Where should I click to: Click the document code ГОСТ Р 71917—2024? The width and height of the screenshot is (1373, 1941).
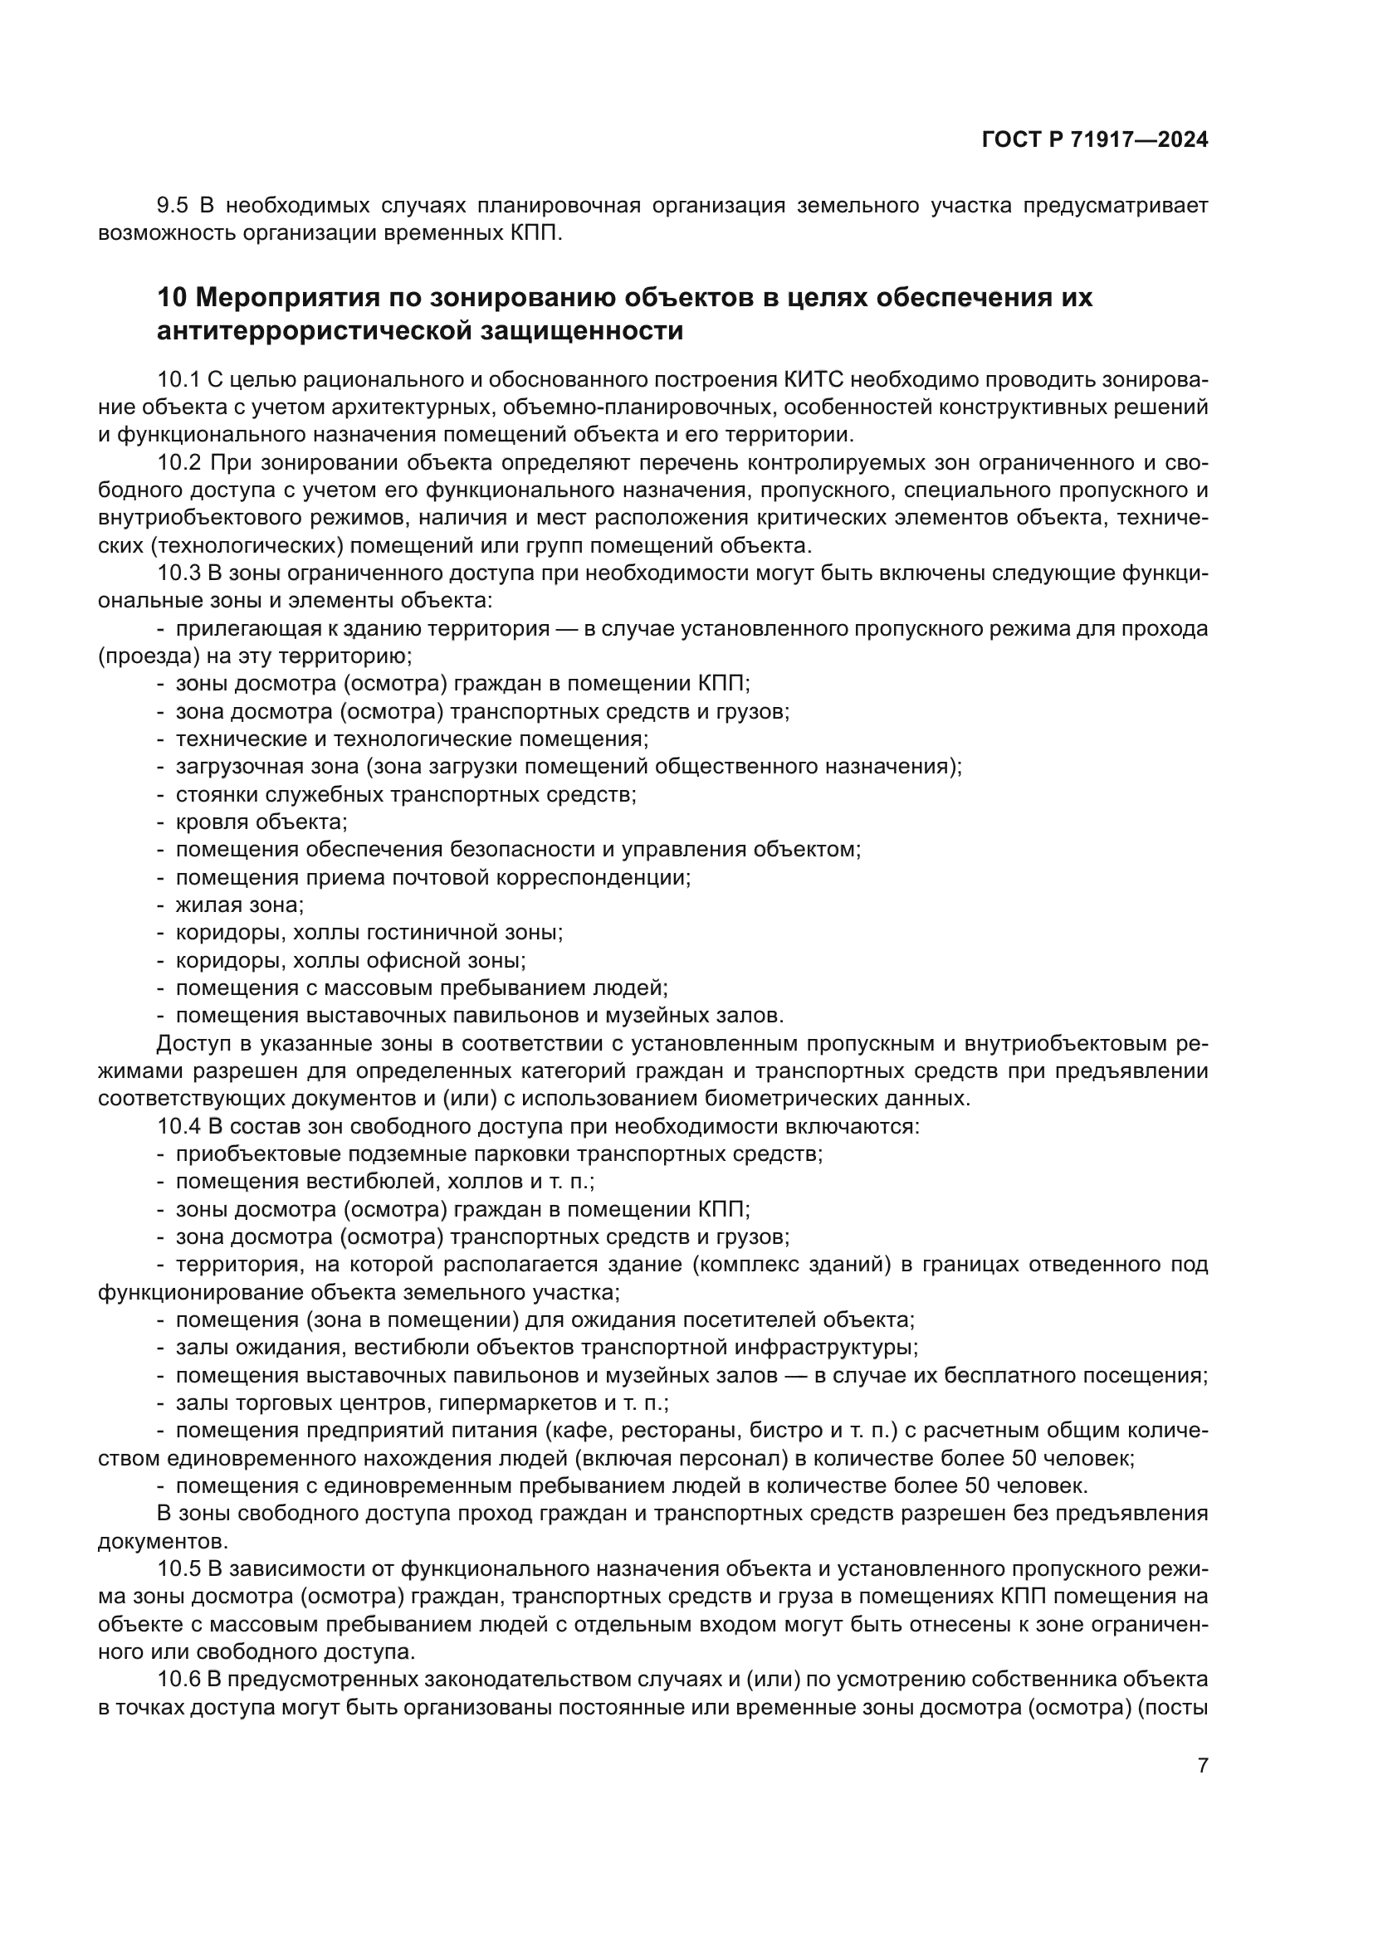1095,140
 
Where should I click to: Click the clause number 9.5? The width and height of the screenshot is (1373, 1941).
173,206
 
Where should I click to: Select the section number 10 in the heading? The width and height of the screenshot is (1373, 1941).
172,298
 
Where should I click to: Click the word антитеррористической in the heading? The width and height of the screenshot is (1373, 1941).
315,331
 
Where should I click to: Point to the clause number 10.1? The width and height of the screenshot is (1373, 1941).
178,379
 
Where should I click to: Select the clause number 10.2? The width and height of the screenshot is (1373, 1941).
179,462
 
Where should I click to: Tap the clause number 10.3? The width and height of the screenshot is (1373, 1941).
179,573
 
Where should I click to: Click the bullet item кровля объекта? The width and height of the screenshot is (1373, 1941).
261,822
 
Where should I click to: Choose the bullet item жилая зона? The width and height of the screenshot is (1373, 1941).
239,905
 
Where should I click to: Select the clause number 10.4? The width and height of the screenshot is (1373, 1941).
179,1126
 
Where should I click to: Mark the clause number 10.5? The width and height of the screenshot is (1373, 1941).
179,1569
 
